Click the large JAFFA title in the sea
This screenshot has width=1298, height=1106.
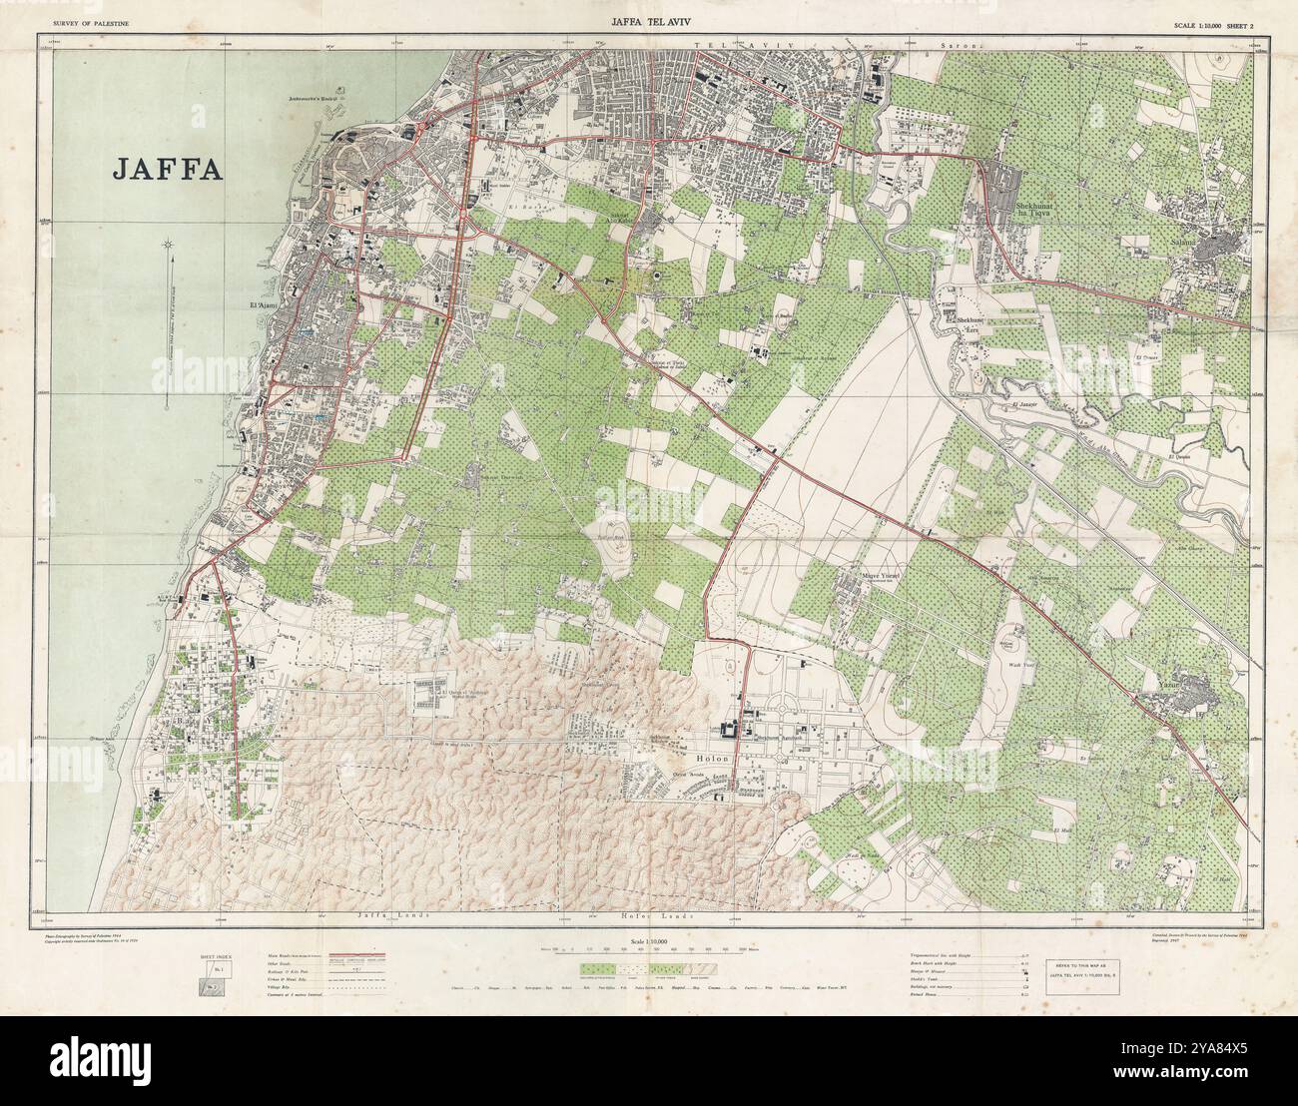167,168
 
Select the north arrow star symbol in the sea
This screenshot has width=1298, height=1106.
169,244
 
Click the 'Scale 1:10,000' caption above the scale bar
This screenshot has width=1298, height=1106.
648,943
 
